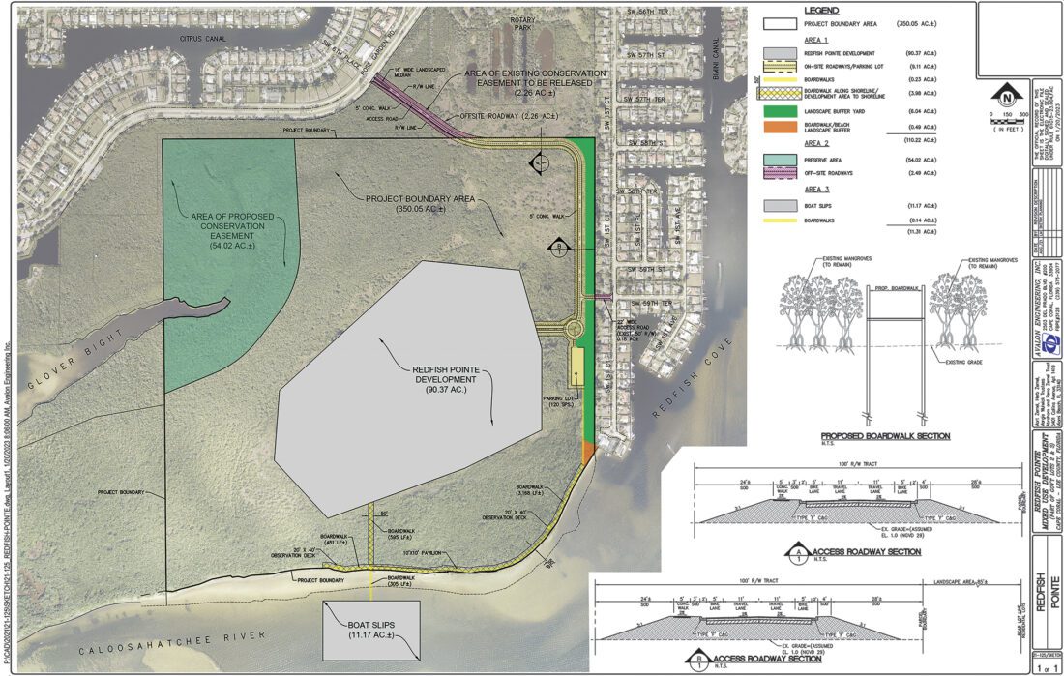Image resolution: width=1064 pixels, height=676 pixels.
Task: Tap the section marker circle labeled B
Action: click(558, 247)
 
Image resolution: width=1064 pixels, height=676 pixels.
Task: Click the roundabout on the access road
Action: click(575, 329)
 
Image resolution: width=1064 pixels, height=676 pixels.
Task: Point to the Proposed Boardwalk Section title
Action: click(884, 436)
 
